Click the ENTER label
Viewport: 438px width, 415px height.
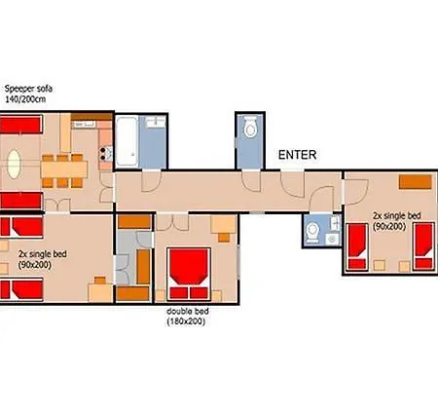pos(297,155)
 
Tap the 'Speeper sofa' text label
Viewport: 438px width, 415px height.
pos(28,89)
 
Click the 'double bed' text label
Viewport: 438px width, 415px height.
pos(188,311)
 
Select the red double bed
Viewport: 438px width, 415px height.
pos(189,274)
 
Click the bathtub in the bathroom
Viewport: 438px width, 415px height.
pos(127,141)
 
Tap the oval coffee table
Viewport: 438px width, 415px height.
pos(14,164)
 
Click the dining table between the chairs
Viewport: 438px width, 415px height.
pos(64,170)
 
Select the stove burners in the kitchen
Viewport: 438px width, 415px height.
pos(103,154)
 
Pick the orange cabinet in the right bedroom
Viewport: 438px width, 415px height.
pos(416,182)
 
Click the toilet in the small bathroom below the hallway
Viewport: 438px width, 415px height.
pos(312,231)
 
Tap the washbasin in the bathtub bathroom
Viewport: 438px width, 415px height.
pos(156,122)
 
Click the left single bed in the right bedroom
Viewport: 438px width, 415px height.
pos(357,246)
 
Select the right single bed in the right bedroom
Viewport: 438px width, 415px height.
pos(423,246)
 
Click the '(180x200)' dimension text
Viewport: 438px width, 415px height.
pos(186,321)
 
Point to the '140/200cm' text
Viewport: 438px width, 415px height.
pos(25,99)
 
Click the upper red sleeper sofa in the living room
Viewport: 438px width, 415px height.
pos(21,124)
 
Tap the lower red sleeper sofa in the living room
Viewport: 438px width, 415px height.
pos(21,201)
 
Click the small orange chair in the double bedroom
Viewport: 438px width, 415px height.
pos(224,238)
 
